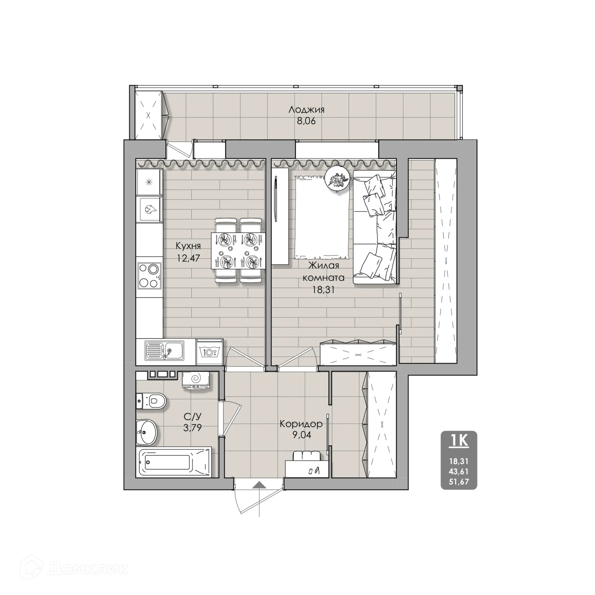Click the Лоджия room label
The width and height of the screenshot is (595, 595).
tap(306, 110)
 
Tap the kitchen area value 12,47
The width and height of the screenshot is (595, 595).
tap(188, 258)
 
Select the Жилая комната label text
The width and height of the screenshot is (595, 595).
tap(324, 271)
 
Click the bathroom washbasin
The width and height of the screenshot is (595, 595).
tap(147, 432)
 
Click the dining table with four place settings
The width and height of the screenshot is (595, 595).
tap(238, 251)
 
